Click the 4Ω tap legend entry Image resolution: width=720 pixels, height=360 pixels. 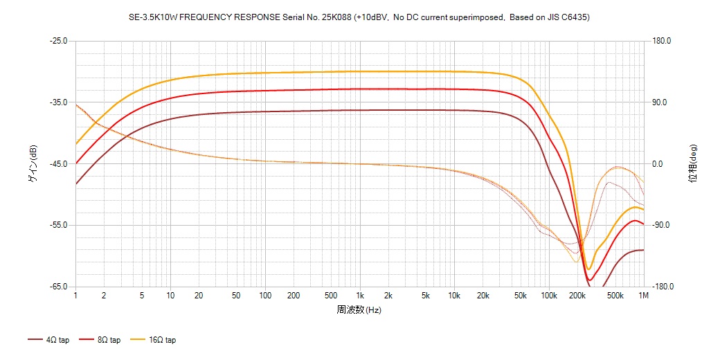[x=48, y=340]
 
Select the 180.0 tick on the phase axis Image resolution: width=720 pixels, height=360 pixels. [x=662, y=41]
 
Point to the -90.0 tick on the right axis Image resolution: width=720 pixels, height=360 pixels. [x=661, y=226]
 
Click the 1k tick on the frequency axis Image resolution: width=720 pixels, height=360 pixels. [x=359, y=296]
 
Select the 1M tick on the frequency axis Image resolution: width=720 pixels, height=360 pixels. [x=644, y=296]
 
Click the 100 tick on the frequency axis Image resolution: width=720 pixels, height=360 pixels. [x=264, y=296]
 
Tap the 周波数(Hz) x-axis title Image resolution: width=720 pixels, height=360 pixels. [x=359, y=309]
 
